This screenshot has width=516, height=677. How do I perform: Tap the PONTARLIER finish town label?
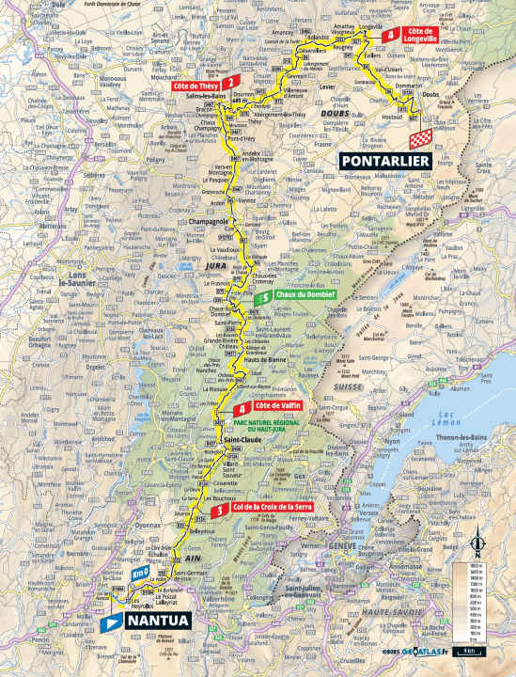coord(385,161)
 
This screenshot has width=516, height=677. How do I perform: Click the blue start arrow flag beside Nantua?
coord(112,621)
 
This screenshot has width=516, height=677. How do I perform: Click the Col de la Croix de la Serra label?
coord(266,510)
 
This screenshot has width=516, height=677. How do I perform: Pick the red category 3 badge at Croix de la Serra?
coord(218,510)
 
